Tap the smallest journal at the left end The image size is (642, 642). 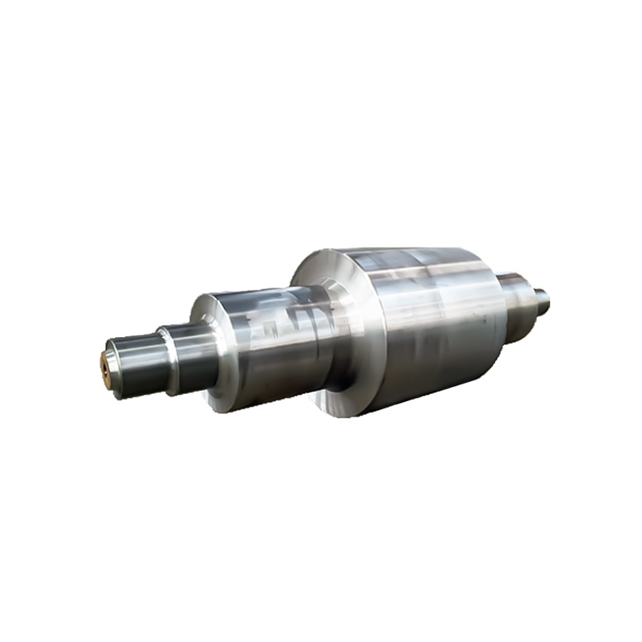point(128,368)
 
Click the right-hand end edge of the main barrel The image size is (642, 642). point(501,321)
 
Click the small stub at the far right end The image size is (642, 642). point(544,301)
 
